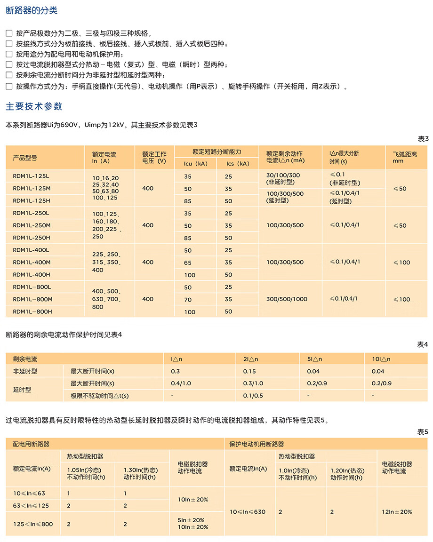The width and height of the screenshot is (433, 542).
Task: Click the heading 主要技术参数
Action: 34,106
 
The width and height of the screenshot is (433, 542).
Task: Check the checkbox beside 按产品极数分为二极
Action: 9,33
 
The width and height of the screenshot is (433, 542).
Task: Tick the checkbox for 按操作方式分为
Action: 9,87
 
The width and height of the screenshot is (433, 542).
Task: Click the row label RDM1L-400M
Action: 32,263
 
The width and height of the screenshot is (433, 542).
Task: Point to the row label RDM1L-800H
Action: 32,311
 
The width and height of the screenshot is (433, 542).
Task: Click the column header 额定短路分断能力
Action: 216,152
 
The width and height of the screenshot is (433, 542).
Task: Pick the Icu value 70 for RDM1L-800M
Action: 188,299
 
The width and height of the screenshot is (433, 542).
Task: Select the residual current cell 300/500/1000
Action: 287,299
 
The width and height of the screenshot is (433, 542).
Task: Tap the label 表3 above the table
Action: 423,139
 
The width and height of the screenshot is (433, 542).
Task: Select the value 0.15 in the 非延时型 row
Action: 249,371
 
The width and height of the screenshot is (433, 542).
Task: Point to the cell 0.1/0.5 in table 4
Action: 253,396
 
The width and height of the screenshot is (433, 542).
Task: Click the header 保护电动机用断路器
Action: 257,444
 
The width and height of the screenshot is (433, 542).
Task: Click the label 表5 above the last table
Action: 423,432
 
